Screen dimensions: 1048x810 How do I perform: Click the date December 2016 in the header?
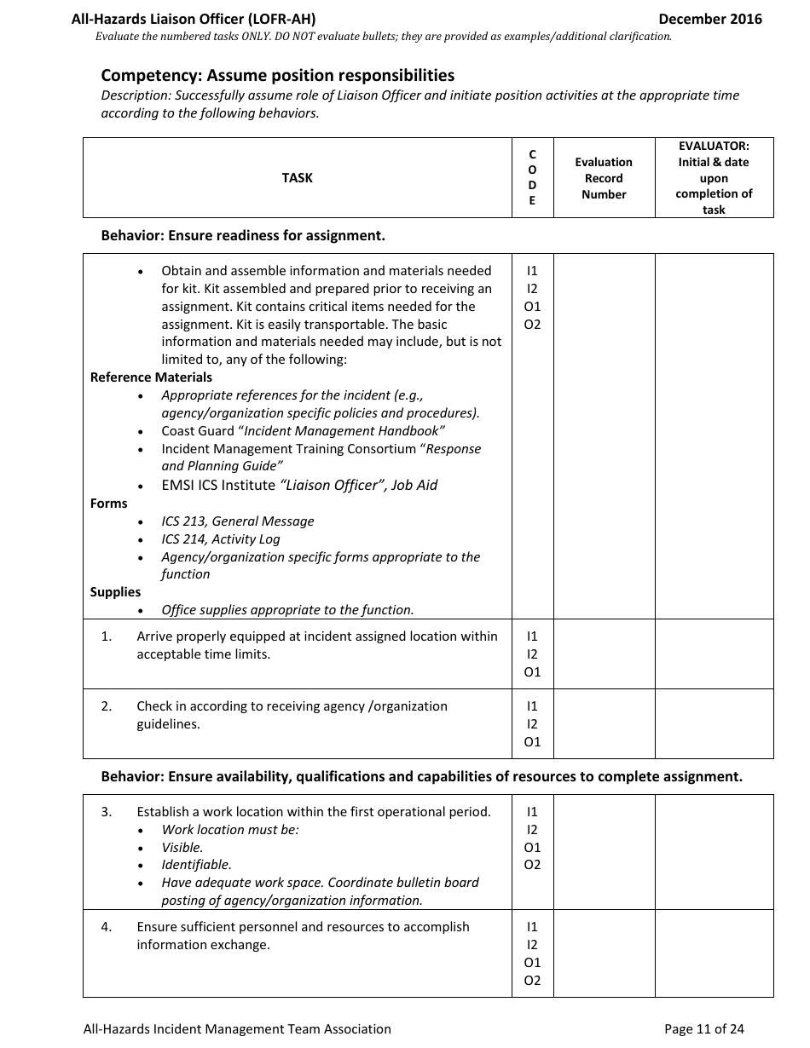pos(709,19)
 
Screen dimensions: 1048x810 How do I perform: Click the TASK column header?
pos(297,178)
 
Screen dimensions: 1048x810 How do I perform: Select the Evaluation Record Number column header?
pos(604,178)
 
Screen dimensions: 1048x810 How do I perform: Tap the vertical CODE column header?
pos(532,178)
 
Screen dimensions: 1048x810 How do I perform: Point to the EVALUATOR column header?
pos(714,178)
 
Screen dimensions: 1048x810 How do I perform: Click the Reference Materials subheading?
pos(151,377)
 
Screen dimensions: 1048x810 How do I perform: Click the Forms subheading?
pos(108,504)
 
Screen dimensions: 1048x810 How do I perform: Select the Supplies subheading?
pos(115,592)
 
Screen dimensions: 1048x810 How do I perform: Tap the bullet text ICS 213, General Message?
pos(237,521)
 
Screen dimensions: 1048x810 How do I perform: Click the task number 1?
pos(107,636)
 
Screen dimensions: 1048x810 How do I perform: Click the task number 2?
pos(107,706)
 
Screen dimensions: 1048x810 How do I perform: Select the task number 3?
pos(107,812)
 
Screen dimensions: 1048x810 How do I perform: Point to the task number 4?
pos(107,927)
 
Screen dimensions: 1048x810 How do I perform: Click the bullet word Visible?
pos(182,848)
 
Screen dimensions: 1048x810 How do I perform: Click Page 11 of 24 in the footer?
pos(703,1029)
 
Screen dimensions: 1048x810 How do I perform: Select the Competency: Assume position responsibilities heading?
pos(277,75)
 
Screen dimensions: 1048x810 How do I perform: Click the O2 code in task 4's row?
pos(532,981)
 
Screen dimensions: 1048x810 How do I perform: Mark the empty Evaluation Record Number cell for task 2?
pos(604,723)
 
